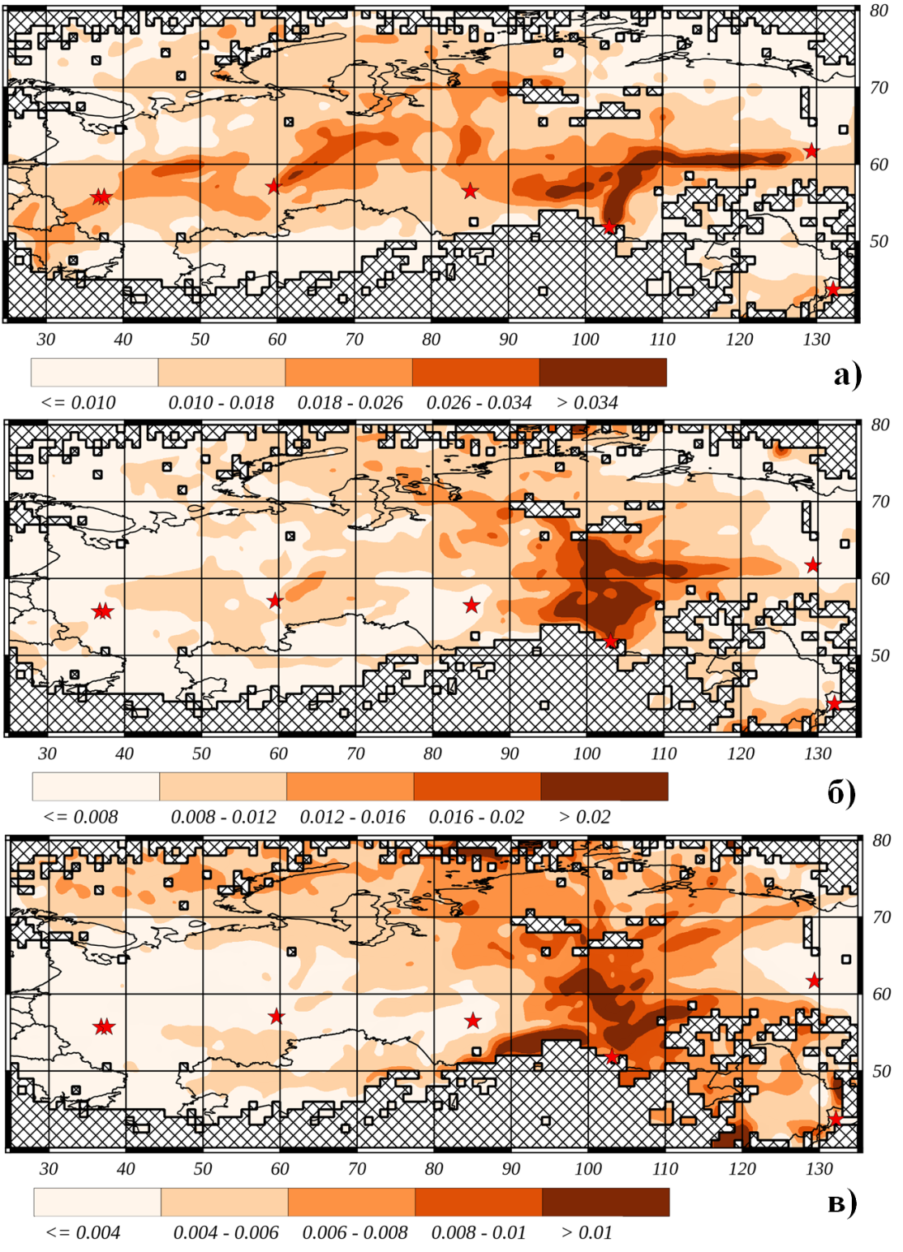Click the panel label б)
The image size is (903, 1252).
(x=841, y=792)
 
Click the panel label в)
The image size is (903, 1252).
(x=842, y=1204)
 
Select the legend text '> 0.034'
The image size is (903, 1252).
(x=587, y=403)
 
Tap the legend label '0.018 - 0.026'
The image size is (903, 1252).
(x=350, y=403)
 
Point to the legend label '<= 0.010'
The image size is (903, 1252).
(x=78, y=403)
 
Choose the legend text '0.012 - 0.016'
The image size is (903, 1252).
(x=352, y=817)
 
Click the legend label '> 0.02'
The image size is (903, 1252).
(x=584, y=817)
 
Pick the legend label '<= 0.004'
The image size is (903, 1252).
(x=83, y=1233)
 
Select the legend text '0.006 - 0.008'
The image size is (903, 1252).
(x=355, y=1233)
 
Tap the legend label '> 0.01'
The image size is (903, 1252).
(x=587, y=1233)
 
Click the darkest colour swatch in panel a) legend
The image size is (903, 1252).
(x=603, y=373)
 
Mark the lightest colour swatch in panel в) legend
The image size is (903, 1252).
(x=97, y=1202)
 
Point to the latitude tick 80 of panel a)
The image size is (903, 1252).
(x=879, y=11)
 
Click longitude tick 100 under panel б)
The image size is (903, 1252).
(x=587, y=753)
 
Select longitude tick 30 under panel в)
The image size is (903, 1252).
(x=49, y=1169)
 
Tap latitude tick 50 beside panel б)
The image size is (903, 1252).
(x=880, y=656)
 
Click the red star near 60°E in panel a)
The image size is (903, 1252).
(x=273, y=187)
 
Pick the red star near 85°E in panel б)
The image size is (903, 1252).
(x=471, y=605)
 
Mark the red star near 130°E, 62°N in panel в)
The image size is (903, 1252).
(x=814, y=981)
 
